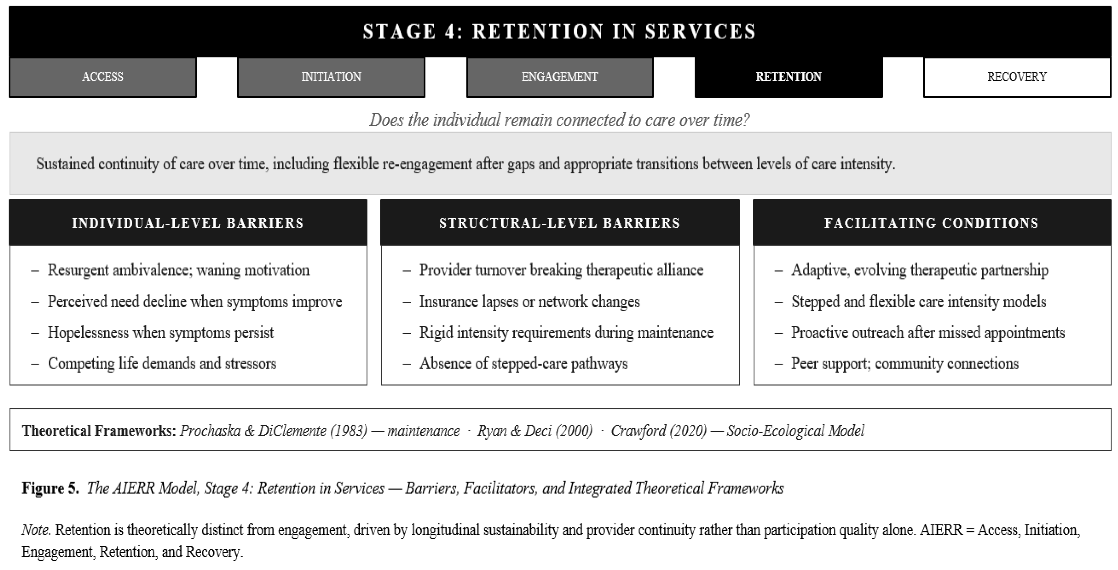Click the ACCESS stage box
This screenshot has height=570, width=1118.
point(102,77)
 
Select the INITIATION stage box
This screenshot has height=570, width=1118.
point(331,77)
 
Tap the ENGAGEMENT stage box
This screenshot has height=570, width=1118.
point(560,77)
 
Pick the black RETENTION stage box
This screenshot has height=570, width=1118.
point(789,77)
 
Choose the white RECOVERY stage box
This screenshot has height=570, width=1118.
point(1017,77)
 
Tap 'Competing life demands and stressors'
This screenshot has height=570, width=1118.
point(162,363)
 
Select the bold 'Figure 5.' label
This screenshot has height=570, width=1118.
point(50,488)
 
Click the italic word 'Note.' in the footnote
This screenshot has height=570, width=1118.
point(36,530)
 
